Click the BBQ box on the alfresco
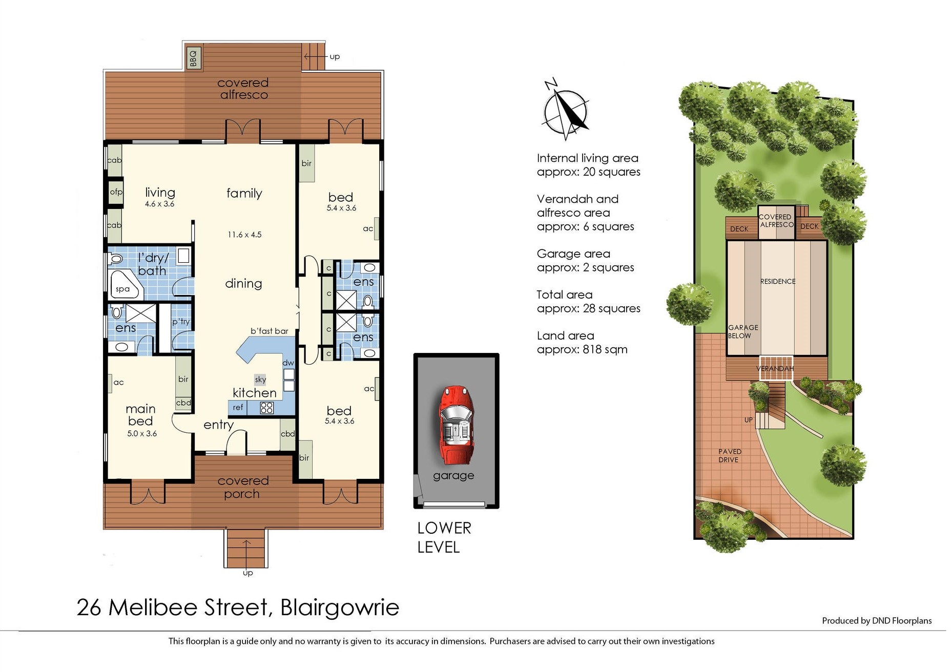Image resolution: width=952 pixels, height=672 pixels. tap(193, 58)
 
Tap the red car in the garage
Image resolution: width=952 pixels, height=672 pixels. tap(456, 424)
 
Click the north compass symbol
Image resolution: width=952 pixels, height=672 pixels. tap(565, 110)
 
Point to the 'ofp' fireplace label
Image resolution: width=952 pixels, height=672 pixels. tap(116, 192)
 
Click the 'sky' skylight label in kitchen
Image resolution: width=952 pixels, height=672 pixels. tap(260, 380)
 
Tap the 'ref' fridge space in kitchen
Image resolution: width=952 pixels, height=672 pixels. tap(238, 408)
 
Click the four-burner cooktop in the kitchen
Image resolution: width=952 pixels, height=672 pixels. tap(266, 408)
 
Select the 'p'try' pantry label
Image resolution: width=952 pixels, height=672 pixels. tap(181, 322)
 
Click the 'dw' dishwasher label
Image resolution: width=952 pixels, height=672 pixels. tap(288, 363)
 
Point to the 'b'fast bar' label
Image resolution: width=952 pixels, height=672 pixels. tap(269, 331)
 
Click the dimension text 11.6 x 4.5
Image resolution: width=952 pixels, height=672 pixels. tap(244, 235)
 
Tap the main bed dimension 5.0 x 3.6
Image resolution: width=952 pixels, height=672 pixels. tap(142, 433)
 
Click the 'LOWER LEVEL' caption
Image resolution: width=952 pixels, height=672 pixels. tap(444, 537)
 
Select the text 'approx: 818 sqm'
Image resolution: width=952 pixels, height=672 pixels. tap(582, 349)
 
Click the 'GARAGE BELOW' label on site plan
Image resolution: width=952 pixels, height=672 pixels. tap(742, 331)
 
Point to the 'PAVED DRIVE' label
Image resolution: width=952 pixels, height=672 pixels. tap(729, 455)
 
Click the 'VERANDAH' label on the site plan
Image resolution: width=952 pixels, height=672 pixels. tap(774, 368)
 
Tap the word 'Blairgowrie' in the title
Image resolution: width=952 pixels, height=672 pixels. tap(340, 607)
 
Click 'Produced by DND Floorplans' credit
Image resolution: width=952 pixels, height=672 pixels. tap(876, 621)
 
